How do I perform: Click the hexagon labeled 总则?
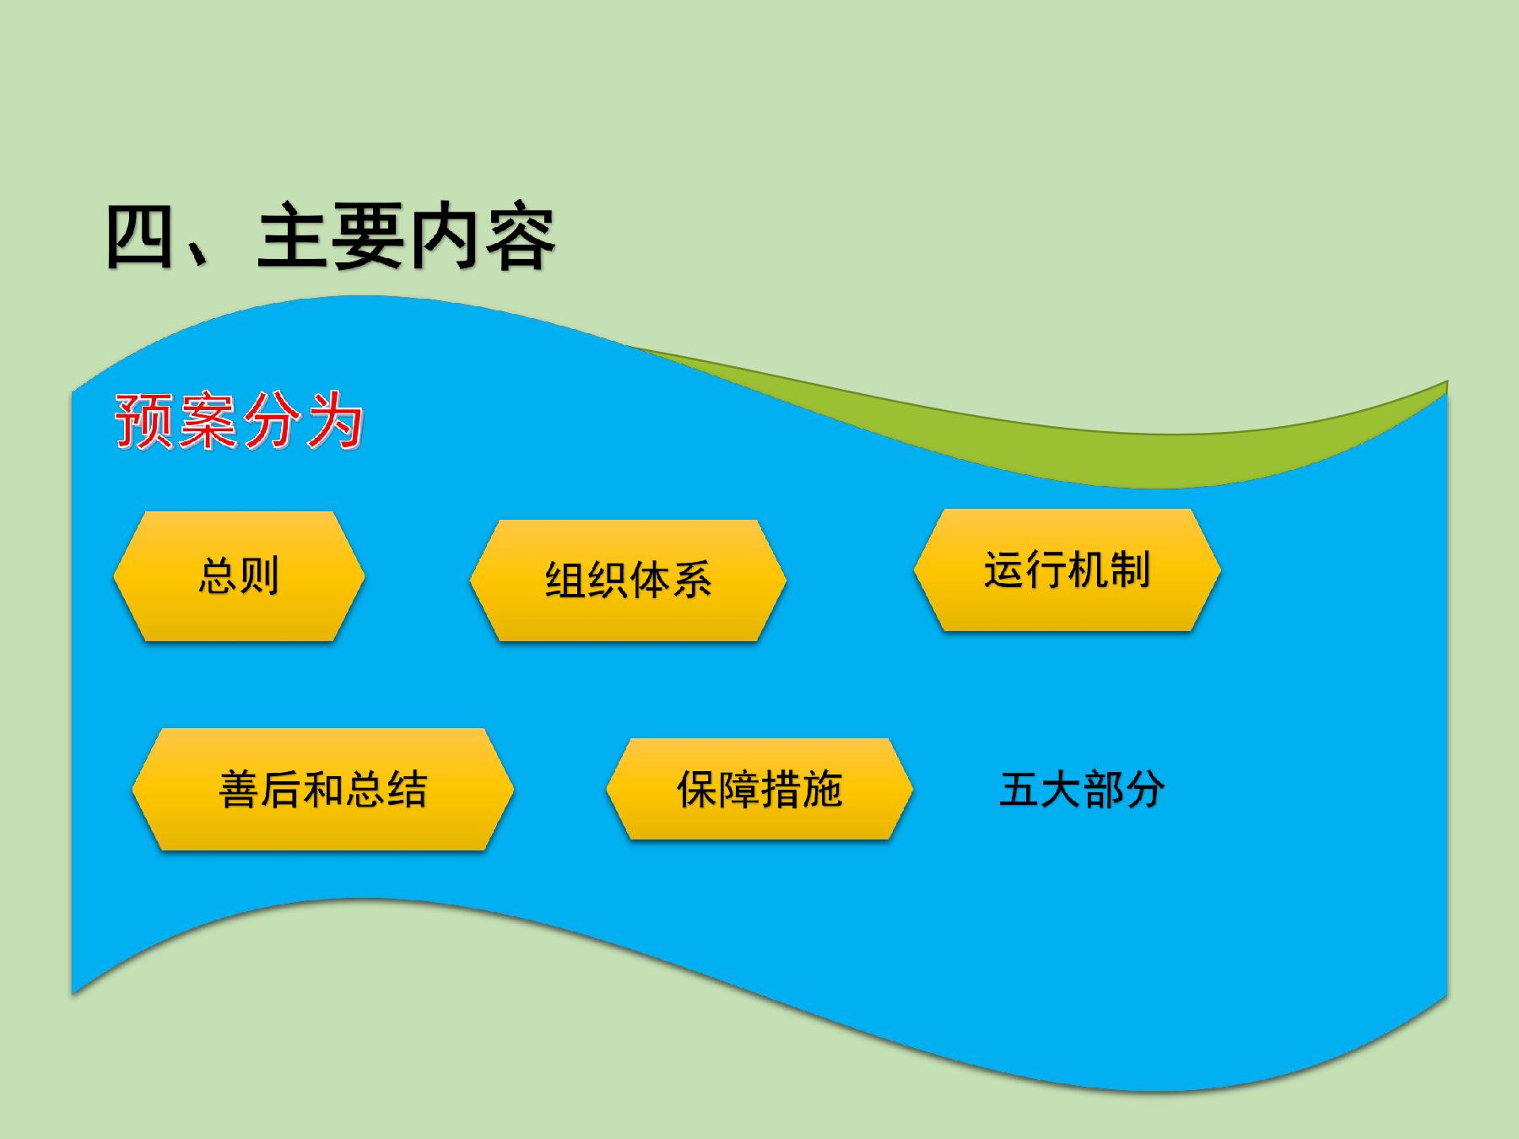tap(239, 576)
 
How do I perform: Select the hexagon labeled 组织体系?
tap(628, 580)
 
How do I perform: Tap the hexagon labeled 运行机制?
tap(1067, 569)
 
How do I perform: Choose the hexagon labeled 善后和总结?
tap(322, 789)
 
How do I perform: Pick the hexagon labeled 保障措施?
tap(759, 789)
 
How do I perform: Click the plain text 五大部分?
tap(1082, 789)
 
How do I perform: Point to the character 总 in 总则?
tap(218, 576)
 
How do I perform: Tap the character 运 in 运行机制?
tap(1004, 569)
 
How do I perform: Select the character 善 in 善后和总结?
tap(240, 790)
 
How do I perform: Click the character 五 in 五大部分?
tap(1019, 790)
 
